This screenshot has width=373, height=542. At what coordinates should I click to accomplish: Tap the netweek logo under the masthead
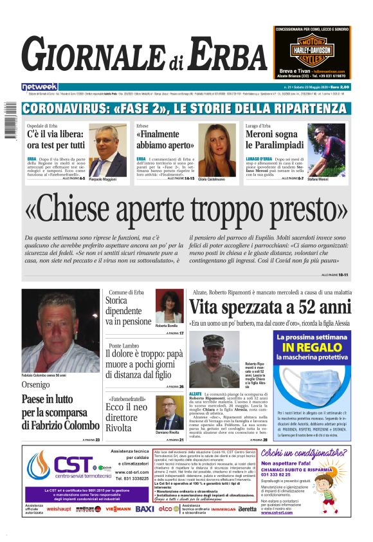39,87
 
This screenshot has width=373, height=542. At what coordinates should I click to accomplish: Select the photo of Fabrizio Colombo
60,332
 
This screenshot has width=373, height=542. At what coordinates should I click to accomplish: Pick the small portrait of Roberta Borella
168,307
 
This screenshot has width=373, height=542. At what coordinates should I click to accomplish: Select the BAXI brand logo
145,509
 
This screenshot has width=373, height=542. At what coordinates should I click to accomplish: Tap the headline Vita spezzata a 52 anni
271,306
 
